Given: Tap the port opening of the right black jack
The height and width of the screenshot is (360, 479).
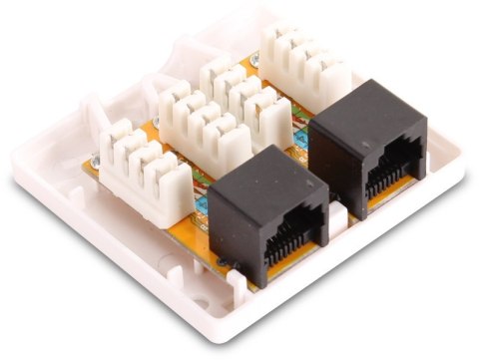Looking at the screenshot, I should click(x=391, y=180).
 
